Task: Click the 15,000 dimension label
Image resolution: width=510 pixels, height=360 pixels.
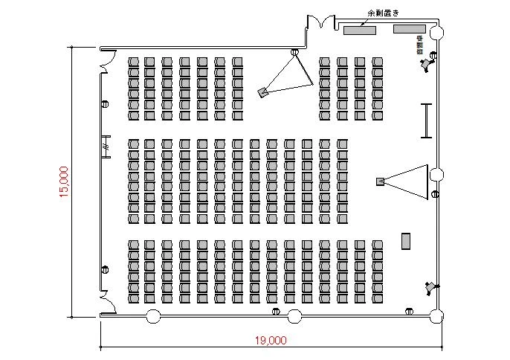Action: coord(64,181)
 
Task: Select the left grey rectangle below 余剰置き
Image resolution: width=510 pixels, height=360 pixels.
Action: coord(359,29)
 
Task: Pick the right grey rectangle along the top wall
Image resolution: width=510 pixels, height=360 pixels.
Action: coord(409,29)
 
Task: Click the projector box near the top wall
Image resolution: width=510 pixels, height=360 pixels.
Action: coord(262,92)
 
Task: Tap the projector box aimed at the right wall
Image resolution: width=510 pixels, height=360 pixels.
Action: coord(381,181)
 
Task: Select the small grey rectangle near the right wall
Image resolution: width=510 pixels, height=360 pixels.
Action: coord(406,241)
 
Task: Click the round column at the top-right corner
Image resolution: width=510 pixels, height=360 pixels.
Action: coord(436,33)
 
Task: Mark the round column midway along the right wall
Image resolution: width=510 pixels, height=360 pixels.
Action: coord(437,175)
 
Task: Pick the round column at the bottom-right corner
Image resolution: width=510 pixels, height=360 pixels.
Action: coord(436,318)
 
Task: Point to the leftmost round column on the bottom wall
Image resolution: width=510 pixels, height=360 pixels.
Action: coord(153,316)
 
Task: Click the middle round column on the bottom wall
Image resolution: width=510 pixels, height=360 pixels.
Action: coord(294,317)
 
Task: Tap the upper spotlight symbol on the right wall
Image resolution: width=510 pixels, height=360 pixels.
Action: coord(426,65)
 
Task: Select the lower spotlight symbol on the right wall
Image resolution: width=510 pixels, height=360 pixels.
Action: coord(430,287)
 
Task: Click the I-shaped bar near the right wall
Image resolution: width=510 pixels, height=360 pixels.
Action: coord(426,120)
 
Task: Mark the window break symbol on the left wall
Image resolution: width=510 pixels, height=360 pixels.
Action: coord(106,146)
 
